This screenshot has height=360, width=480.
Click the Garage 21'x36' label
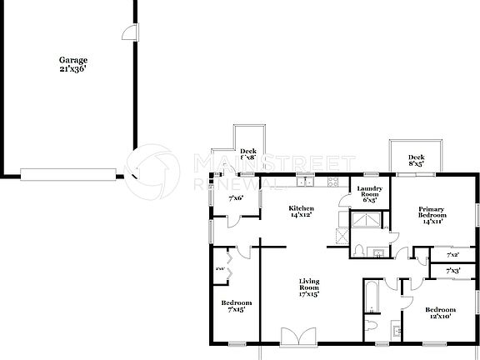(x=72, y=64)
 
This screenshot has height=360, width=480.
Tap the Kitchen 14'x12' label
(x=301, y=212)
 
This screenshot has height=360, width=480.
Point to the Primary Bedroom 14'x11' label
(x=431, y=215)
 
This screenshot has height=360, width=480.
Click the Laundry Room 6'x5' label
(x=369, y=194)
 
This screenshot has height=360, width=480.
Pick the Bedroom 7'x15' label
(x=237, y=306)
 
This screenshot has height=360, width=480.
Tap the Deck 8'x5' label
(x=417, y=160)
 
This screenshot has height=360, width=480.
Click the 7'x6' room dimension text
(x=236, y=197)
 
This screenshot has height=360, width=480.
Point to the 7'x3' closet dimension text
(x=454, y=271)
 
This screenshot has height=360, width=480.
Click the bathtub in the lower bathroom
(x=372, y=297)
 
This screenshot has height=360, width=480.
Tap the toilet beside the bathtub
(x=372, y=325)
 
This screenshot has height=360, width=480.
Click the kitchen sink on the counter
(x=306, y=181)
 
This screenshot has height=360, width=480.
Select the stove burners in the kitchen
(x=332, y=181)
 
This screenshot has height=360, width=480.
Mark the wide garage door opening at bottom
(x=69, y=173)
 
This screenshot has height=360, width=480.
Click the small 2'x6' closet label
(x=220, y=268)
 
